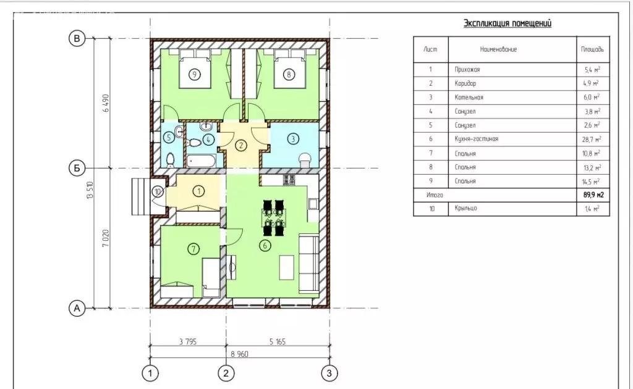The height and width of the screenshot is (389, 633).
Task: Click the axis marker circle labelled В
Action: pos(77,39)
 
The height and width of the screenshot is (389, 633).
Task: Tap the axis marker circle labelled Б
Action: pos(77,168)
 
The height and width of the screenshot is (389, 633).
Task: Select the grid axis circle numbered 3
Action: pos(329,374)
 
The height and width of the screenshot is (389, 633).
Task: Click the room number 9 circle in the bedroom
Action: pos(195,75)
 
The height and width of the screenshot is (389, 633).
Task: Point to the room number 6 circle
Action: pos(265,245)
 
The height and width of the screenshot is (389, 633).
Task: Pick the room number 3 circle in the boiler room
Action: pos(293,139)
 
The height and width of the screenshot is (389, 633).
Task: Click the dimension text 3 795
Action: pos(188,342)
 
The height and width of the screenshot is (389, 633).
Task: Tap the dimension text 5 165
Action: pos(278,342)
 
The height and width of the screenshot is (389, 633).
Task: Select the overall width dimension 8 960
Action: pos(239,354)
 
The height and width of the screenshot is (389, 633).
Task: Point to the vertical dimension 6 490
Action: pos(106,102)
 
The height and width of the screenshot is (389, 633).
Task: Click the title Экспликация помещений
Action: pos(508,23)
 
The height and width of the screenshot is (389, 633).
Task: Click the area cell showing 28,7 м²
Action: pos(592,139)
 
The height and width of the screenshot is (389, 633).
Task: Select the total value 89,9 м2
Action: pos(593,195)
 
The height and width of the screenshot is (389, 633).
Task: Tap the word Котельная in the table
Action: pos(469,97)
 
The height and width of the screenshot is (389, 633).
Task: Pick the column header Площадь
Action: pos(592,49)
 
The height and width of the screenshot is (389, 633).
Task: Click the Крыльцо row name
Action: pos(465,208)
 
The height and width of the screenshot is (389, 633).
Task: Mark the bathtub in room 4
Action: pos(201,161)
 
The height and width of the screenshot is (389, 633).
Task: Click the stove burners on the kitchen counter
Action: pos(289,180)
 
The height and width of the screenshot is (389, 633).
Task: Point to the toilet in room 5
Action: pos(171,160)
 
